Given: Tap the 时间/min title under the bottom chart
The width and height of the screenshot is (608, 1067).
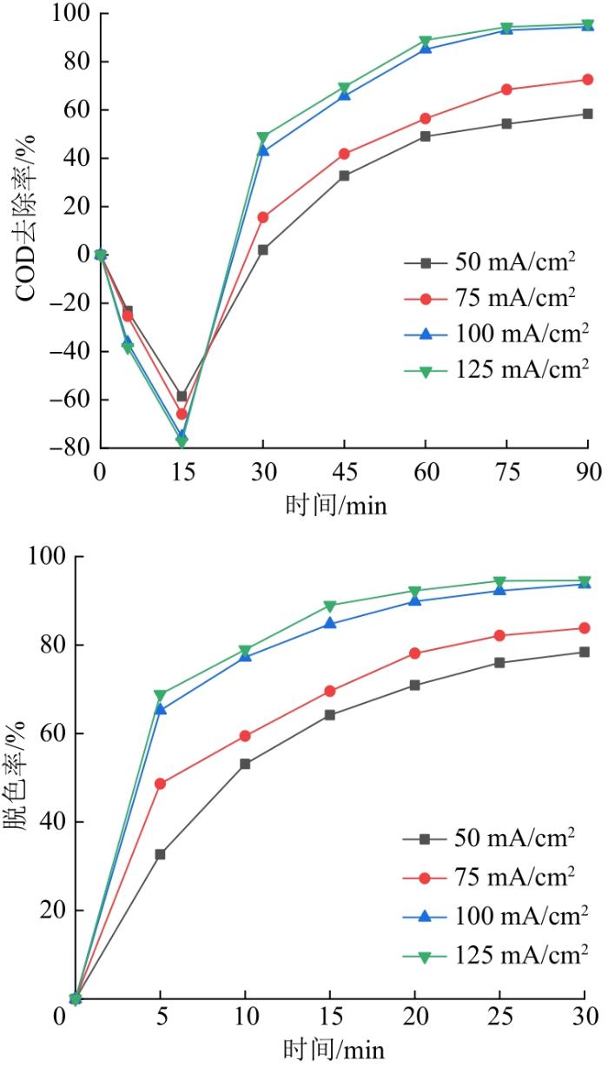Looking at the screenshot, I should point(330,1049).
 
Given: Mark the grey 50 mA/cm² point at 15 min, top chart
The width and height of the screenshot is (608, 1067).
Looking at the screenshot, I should point(182,396).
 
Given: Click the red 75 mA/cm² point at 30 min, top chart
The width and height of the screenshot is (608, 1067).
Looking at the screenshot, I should point(263,217).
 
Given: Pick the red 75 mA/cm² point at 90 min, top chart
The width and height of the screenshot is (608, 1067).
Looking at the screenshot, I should point(588,80).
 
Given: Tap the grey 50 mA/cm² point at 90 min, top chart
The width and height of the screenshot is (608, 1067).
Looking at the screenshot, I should point(588,114).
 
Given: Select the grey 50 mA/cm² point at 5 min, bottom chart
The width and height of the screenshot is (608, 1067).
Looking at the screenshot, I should point(160,854).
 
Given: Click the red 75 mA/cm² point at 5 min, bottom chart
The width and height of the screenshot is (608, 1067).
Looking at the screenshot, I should point(160,784).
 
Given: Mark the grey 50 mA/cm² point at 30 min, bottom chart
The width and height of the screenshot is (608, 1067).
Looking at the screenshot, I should point(585,652).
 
